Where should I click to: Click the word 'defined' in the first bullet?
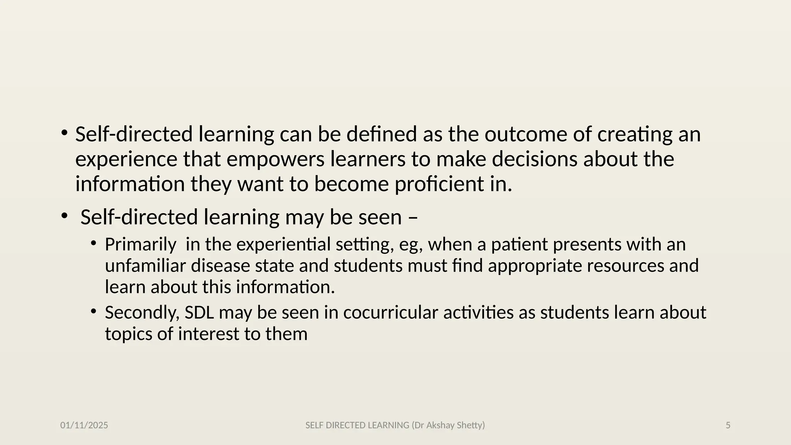coord(381,134)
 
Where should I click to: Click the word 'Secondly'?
coord(142,313)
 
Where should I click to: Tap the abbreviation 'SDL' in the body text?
coord(199,313)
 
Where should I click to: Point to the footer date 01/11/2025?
coord(84,425)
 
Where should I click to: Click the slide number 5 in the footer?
coord(728,425)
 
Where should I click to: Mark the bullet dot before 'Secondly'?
coord(93,311)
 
